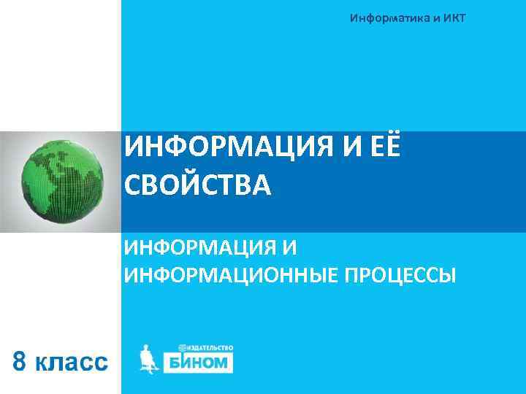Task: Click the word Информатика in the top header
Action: point(389,17)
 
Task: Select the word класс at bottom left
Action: point(72,363)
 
